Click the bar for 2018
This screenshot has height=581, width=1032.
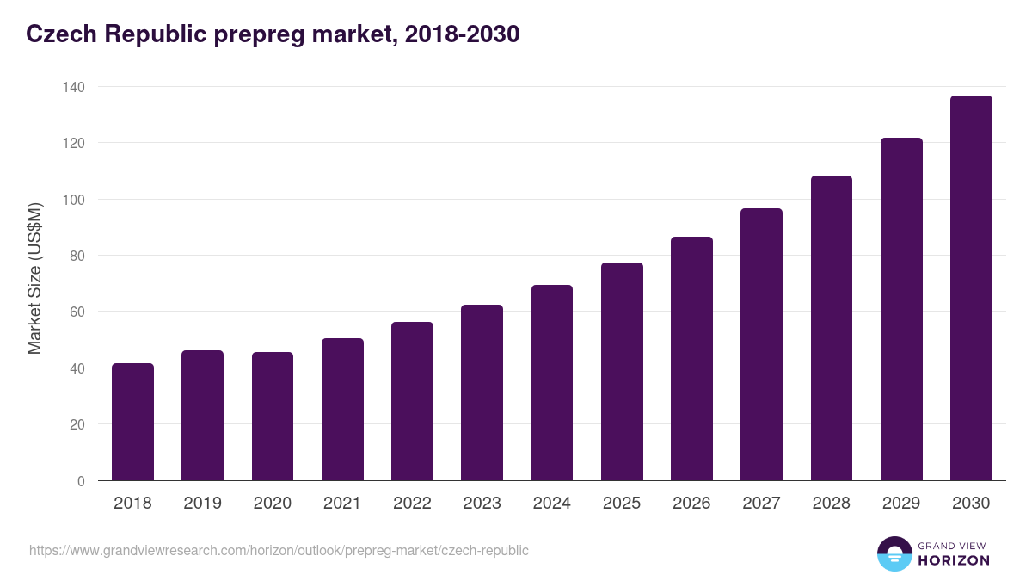[x=132, y=422]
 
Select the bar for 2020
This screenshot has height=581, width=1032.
[x=273, y=417]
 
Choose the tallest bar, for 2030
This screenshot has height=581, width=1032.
[x=971, y=287]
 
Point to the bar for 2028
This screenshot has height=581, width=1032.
[x=832, y=328]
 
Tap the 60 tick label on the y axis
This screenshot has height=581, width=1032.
[x=77, y=312]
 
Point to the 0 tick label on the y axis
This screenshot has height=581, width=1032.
[x=81, y=481]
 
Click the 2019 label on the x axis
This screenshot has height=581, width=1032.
[x=202, y=504]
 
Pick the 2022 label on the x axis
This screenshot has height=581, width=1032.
[x=412, y=504]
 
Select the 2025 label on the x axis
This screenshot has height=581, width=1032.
[x=622, y=504]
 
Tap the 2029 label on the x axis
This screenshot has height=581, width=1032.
[x=901, y=504]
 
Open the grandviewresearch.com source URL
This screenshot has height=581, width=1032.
[x=279, y=550]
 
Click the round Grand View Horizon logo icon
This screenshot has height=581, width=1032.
[x=894, y=553]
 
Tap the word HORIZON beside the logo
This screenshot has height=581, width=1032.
[x=954, y=560]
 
